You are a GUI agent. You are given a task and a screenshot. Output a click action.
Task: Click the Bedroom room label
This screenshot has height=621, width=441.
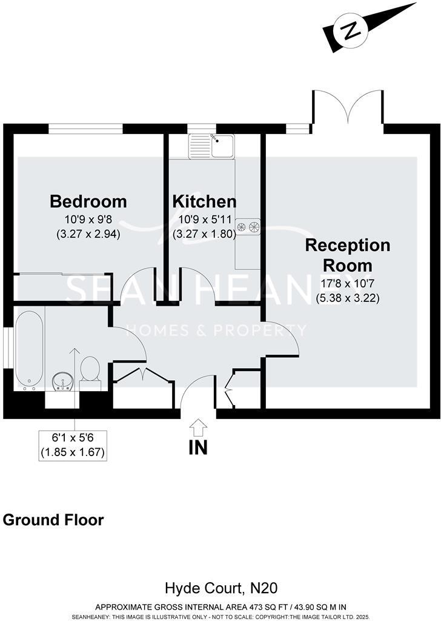(88, 201)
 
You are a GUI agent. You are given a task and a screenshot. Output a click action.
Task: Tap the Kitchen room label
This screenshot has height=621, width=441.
(204, 201)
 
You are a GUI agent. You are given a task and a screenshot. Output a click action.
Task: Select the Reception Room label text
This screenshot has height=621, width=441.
(348, 255)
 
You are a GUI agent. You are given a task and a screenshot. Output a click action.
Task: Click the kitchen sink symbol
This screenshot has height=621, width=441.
(211, 146)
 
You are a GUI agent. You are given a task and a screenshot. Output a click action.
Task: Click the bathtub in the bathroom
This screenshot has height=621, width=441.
(28, 349)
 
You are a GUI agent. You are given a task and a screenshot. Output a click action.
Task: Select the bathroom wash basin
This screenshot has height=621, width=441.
(61, 381)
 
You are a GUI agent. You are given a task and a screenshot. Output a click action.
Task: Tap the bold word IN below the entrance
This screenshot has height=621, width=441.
(198, 448)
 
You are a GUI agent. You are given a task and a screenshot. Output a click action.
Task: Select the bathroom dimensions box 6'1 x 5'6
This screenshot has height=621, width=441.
(75, 445)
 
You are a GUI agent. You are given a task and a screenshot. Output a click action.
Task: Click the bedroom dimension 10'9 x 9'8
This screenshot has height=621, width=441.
(88, 220)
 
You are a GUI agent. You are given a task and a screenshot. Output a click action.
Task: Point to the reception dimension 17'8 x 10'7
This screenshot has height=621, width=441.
(348, 284)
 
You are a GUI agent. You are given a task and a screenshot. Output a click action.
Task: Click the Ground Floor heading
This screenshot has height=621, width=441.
(53, 520)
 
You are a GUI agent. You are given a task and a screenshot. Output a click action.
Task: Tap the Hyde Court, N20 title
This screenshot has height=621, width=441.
(221, 588)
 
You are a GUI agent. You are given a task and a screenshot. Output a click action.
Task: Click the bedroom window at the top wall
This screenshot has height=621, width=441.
(85, 129)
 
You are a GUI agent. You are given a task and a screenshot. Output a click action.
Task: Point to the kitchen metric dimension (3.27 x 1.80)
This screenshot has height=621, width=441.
(204, 233)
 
